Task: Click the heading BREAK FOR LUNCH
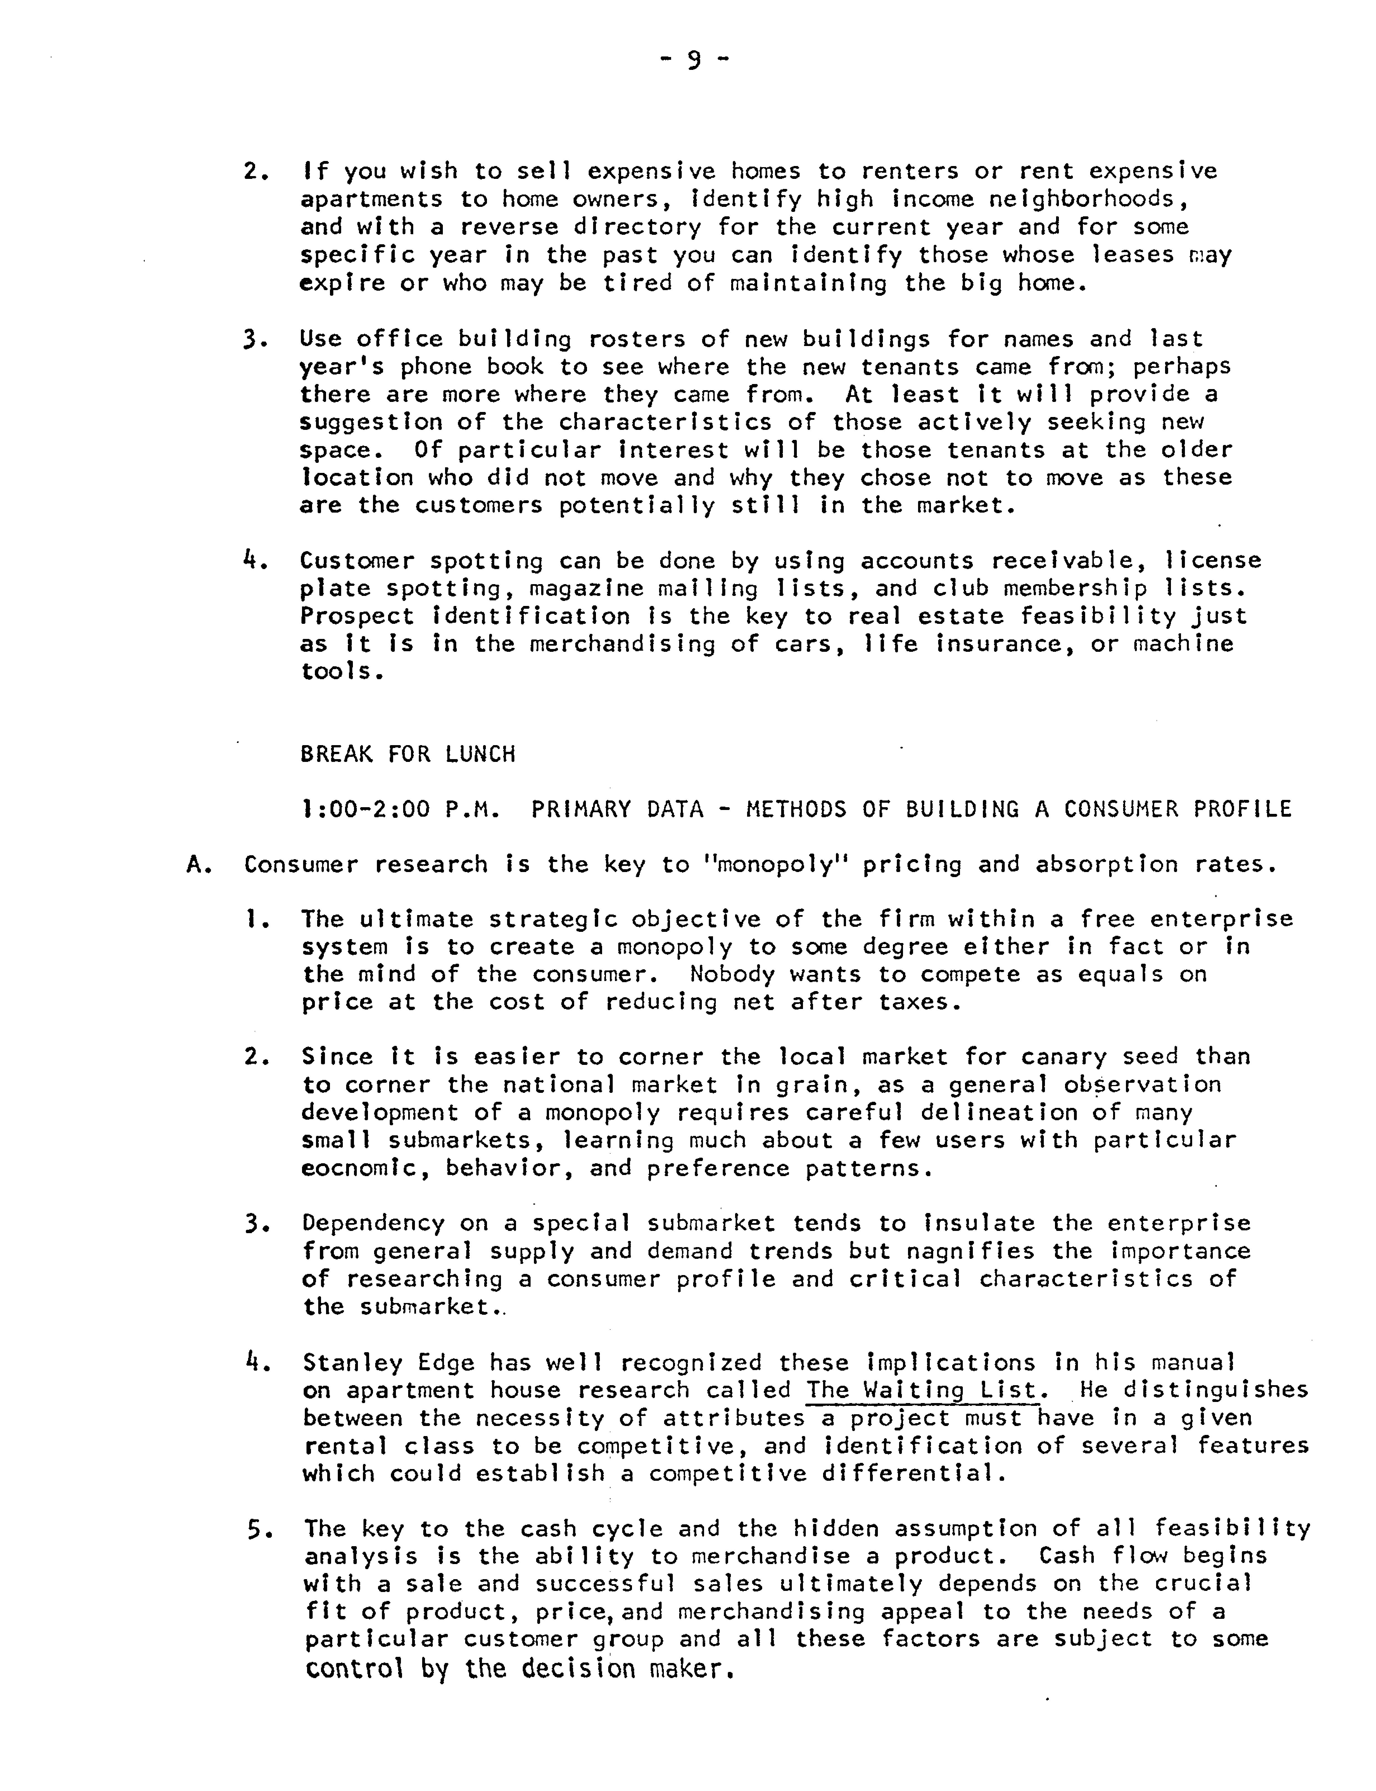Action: click(x=408, y=754)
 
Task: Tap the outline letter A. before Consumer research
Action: click(x=199, y=865)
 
